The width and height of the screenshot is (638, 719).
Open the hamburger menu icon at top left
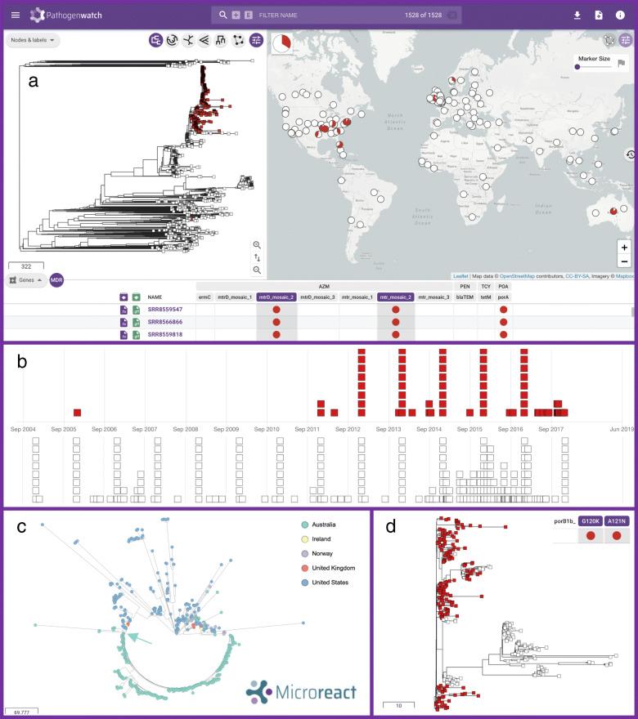[15, 15]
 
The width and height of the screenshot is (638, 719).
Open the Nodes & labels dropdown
[33, 40]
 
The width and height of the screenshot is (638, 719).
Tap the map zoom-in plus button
[624, 247]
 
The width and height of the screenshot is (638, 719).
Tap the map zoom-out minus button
[624, 261]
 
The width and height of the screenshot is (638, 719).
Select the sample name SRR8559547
[165, 310]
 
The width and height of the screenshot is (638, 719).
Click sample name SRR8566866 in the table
[165, 323]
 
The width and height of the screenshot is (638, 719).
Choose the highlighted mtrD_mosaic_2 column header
[276, 297]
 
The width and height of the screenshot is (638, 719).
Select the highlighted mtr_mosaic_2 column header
[396, 297]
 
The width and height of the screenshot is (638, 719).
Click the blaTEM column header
[464, 297]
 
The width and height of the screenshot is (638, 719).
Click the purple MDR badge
[56, 280]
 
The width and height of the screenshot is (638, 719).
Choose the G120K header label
[590, 520]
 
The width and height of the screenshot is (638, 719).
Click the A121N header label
[617, 520]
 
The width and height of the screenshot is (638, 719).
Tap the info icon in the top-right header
[620, 15]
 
